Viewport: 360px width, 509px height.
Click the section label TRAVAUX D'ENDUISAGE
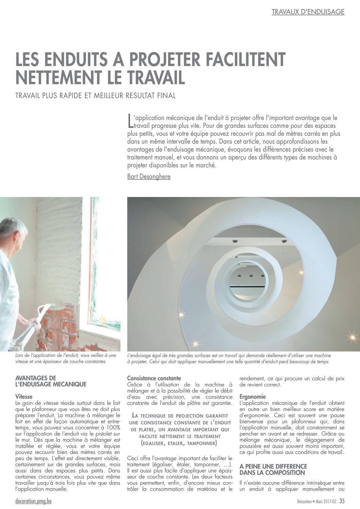point(308,12)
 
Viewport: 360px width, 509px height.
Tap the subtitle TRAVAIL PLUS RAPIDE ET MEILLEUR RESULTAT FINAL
point(96,96)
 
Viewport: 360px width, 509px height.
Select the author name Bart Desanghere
point(149,176)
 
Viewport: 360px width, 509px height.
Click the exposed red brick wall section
point(58,327)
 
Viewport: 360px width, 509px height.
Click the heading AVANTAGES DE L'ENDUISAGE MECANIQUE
point(51,381)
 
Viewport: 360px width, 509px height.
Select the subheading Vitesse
point(24,396)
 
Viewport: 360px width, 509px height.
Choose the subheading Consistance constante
point(154,378)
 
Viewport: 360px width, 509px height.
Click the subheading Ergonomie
point(252,396)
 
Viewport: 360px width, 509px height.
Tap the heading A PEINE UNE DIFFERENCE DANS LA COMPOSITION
point(273,470)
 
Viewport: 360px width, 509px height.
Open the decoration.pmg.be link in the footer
point(34,501)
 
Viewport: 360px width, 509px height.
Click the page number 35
point(342,501)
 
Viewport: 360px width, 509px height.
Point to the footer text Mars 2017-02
point(326,502)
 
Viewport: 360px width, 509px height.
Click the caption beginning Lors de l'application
point(66,358)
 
